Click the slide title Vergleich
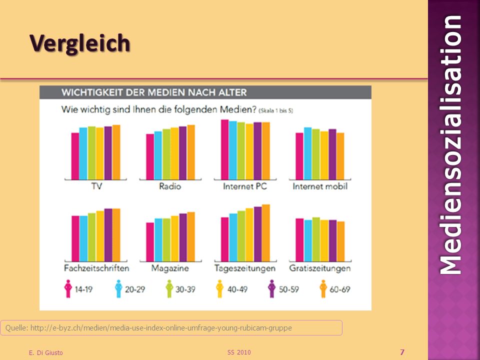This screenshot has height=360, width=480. pos(80,44)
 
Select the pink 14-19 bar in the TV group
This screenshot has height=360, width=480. pos(75,156)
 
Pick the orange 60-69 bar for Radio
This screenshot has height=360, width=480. pos(191,152)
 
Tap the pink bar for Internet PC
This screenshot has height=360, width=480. pos(224,149)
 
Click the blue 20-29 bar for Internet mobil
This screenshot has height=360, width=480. pos(307,153)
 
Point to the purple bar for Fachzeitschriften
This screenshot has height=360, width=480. pos(108,235)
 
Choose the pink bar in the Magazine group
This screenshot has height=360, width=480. pos(150,242)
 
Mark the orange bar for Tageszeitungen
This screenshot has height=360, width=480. pos(265,233)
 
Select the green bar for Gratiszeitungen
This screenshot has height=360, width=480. pos(316,239)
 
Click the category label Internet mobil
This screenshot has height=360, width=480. pos(320,186)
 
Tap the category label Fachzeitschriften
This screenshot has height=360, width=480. pos(96,268)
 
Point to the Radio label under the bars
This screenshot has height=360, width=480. pos(170,186)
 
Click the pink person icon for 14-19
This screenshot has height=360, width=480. pos(68,288)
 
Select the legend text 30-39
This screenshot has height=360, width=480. pos(185,289)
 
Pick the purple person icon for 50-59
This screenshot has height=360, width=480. pos(271,288)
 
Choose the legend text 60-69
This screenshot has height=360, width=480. pos(340,289)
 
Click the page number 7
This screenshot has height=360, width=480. pos(402,352)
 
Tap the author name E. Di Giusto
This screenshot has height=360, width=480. pos(46,352)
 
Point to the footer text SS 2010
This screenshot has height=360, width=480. pos(239,352)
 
